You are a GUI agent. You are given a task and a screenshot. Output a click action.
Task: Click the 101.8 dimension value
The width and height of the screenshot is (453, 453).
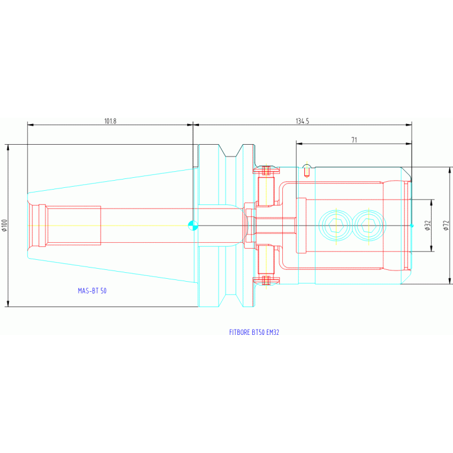[110, 121]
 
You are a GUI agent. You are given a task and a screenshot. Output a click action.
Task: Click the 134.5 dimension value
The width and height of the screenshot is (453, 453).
[302, 121]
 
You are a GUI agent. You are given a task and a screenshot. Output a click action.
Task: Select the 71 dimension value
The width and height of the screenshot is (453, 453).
[354, 140]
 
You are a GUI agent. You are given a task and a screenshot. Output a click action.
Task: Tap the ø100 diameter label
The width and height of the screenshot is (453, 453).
[4, 226]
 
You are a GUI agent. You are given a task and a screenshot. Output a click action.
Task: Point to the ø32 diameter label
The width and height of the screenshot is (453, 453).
[428, 226]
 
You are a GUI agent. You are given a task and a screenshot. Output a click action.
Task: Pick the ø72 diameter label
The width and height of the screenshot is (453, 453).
[447, 226]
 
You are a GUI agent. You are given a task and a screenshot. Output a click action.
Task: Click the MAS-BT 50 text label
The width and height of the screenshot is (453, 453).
[92, 291]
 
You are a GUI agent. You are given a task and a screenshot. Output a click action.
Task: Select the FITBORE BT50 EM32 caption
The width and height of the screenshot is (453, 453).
[254, 333]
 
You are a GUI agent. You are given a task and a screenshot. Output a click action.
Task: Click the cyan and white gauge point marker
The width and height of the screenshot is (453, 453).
[193, 226]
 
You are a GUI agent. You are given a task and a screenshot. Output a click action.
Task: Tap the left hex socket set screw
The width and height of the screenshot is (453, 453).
[336, 226]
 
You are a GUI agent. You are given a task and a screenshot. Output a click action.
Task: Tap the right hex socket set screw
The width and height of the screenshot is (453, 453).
[369, 226]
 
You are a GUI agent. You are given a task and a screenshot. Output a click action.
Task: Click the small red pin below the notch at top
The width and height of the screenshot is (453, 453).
[307, 172]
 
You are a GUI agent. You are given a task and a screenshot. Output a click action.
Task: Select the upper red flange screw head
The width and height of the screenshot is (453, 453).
[266, 171]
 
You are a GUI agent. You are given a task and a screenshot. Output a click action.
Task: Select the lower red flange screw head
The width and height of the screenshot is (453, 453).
[266, 280]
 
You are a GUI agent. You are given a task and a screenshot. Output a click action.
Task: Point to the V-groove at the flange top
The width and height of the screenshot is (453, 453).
[230, 151]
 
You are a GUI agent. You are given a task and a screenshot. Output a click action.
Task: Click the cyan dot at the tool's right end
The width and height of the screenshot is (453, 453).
[412, 226]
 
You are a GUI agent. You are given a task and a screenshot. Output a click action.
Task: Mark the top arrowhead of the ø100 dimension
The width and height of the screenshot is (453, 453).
[8, 147]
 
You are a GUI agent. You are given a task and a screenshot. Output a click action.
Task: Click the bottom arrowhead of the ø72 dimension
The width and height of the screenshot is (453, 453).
[449, 281]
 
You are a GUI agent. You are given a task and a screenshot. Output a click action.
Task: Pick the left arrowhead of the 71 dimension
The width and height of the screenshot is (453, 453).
[299, 144]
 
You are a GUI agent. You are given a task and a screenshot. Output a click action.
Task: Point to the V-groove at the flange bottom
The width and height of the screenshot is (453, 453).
[230, 301]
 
